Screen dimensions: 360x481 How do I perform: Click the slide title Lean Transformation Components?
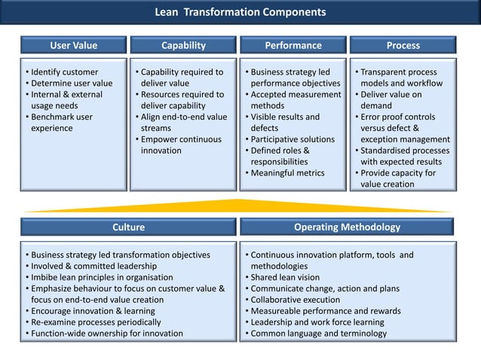pos(240,13)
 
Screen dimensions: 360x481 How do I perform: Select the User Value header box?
pos(73,46)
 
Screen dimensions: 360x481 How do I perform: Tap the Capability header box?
pos(183,46)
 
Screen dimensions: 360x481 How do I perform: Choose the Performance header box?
pos(293,46)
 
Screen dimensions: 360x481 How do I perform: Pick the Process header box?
pos(403,46)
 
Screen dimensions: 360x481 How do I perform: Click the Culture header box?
pos(128,227)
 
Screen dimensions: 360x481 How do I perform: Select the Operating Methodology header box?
pos(348,227)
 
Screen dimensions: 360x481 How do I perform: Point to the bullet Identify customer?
pos(64,72)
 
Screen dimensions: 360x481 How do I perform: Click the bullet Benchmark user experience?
pos(60,123)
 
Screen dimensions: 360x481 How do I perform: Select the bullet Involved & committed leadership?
pos(94,266)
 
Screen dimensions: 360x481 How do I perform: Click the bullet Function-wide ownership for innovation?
pos(106,334)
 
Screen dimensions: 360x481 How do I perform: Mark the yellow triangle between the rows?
pos(240,206)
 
